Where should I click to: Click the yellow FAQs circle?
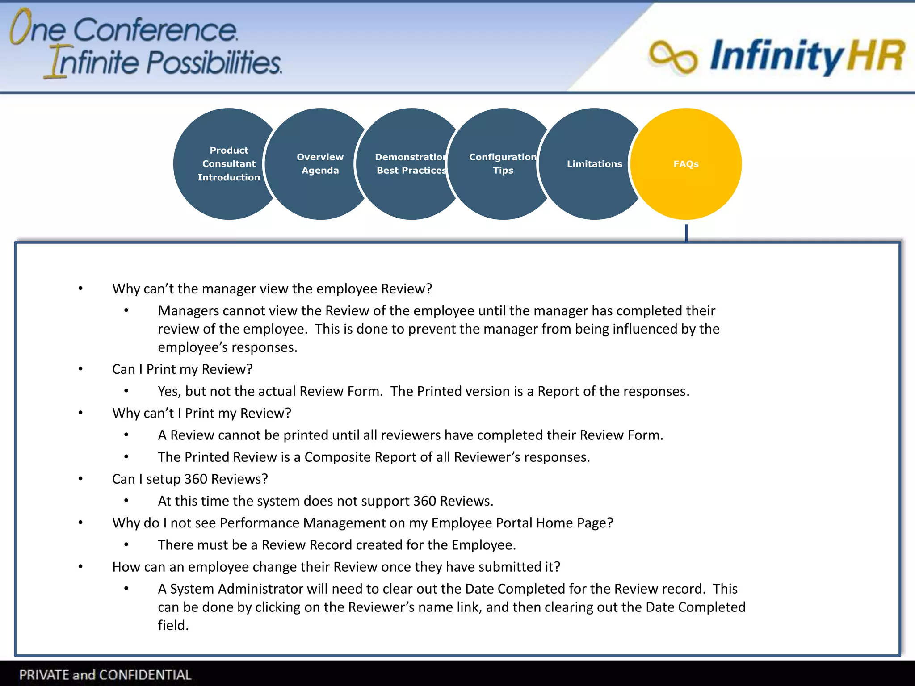pos(686,164)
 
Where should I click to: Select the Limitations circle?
pos(594,164)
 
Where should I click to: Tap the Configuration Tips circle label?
pos(503,163)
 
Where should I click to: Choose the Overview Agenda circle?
pos(320,163)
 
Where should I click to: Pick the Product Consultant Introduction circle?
pos(228,163)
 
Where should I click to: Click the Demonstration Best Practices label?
pos(411,163)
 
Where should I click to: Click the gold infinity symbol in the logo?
pos(673,57)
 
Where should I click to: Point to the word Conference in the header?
pos(155,30)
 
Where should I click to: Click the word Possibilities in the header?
pos(214,63)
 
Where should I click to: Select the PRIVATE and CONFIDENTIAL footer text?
pos(105,675)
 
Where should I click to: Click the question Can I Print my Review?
pos(182,369)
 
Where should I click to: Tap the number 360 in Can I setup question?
pos(196,479)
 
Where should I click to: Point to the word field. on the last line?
pos(173,625)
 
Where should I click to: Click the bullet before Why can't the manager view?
pos(80,289)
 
